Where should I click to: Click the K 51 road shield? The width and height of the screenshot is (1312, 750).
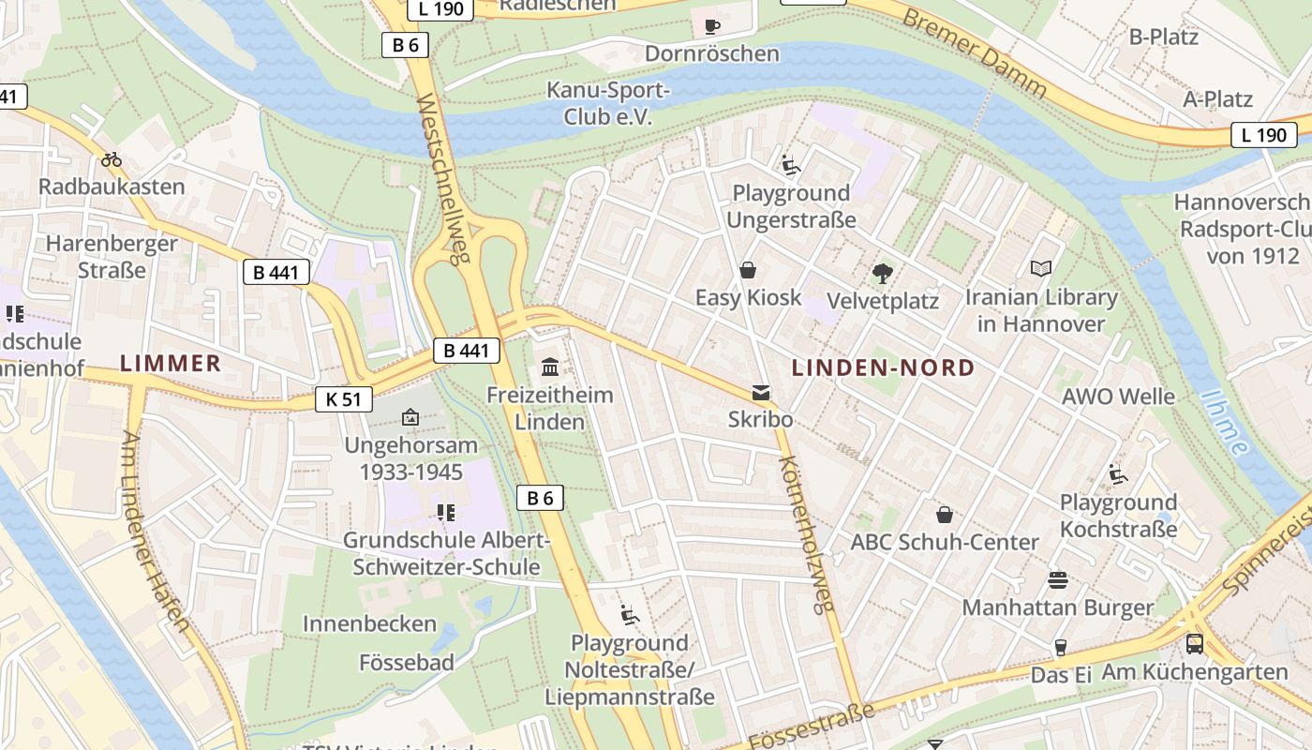[x=344, y=399]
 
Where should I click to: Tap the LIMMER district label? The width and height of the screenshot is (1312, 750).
[x=171, y=364]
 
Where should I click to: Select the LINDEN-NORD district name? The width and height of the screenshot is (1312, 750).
[x=883, y=367]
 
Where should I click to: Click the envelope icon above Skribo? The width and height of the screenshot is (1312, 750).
[x=761, y=393]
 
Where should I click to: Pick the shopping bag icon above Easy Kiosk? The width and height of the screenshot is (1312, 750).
[x=748, y=271]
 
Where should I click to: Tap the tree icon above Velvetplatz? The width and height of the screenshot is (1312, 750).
[x=882, y=274]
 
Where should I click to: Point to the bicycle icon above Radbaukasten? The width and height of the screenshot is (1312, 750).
[x=112, y=159]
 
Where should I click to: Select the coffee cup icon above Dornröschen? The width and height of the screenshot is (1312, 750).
[x=712, y=25]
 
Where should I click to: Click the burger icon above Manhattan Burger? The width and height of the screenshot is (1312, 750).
[x=1058, y=580]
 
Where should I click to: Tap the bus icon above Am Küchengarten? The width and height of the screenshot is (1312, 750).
[x=1195, y=644]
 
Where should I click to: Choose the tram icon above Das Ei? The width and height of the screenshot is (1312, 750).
[x=1061, y=648]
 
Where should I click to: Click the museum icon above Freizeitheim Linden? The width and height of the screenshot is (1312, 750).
[x=550, y=367]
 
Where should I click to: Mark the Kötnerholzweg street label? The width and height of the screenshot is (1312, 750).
[x=806, y=534]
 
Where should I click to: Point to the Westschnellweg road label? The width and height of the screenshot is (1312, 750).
[x=441, y=178]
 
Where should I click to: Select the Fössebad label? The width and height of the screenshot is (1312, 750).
[x=407, y=663]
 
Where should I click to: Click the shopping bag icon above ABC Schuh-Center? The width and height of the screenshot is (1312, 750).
[x=945, y=515]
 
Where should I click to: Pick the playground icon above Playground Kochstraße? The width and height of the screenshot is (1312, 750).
[x=1117, y=475]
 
